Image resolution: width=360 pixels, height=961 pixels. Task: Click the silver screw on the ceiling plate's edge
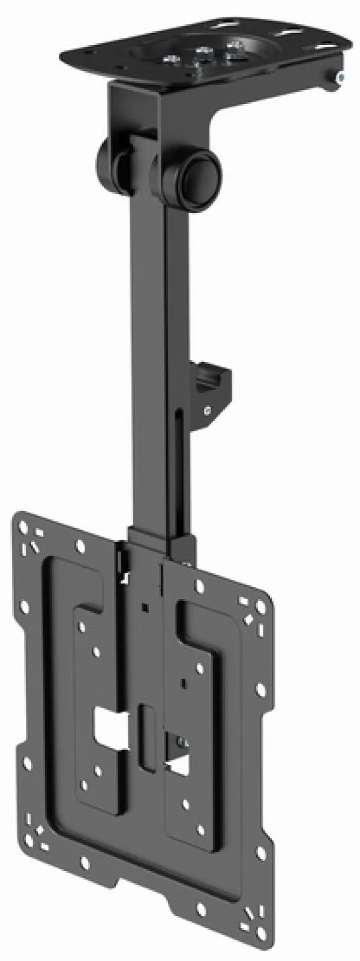tap(340, 77)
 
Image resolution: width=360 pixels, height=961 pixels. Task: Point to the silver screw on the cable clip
tap(207, 411)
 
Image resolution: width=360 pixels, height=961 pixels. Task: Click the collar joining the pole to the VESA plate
tap(162, 540)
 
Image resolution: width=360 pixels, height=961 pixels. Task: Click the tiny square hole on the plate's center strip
tap(145, 607)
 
